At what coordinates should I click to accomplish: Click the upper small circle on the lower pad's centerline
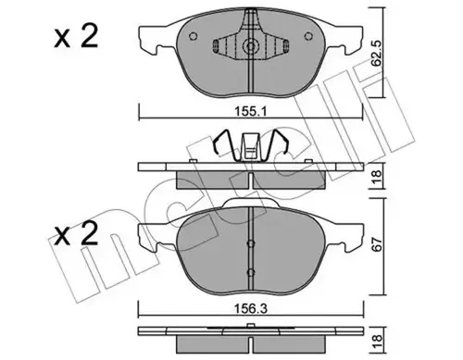click(x=252, y=243)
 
